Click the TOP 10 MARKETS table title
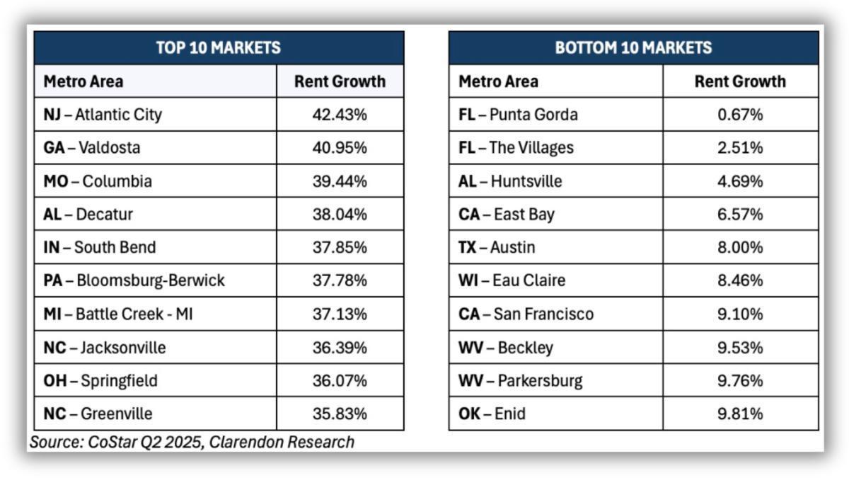pos(218,48)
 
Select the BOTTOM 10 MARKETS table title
pos(633,48)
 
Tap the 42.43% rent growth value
pos(340,115)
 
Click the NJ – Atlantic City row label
pos(103,115)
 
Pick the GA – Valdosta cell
pos(92,148)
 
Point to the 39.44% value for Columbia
pos(340,181)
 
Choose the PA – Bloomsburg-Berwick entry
pos(134,281)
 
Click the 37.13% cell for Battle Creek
pos(340,314)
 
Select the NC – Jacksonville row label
pos(105,348)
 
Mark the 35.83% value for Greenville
pos(340,414)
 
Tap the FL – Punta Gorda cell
pos(518,115)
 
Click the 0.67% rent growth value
pos(740,115)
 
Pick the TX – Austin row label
pos(497,248)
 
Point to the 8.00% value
pos(740,248)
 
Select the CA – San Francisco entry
pos(526,314)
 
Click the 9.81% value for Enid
pos(740,414)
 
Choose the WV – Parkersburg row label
pos(520,381)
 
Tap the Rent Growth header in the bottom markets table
pos(740,81)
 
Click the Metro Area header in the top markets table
pos(83,81)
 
